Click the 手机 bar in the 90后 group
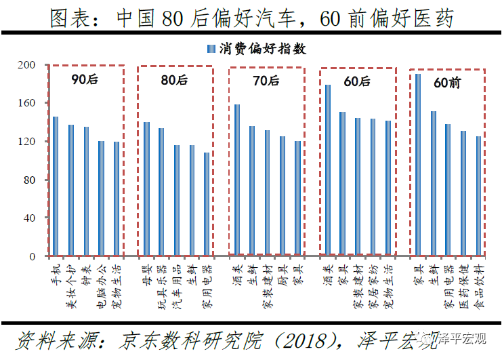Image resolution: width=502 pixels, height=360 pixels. point(56,186)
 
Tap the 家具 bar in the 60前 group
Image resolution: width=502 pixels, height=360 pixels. point(418,165)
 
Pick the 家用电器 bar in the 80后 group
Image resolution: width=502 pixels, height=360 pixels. point(207,205)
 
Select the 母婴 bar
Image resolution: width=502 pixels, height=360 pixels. point(146,189)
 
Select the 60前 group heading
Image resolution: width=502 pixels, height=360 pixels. point(446,83)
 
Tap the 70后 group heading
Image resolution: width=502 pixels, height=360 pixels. point(265,81)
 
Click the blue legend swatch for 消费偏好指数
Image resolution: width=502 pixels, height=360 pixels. point(211,49)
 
